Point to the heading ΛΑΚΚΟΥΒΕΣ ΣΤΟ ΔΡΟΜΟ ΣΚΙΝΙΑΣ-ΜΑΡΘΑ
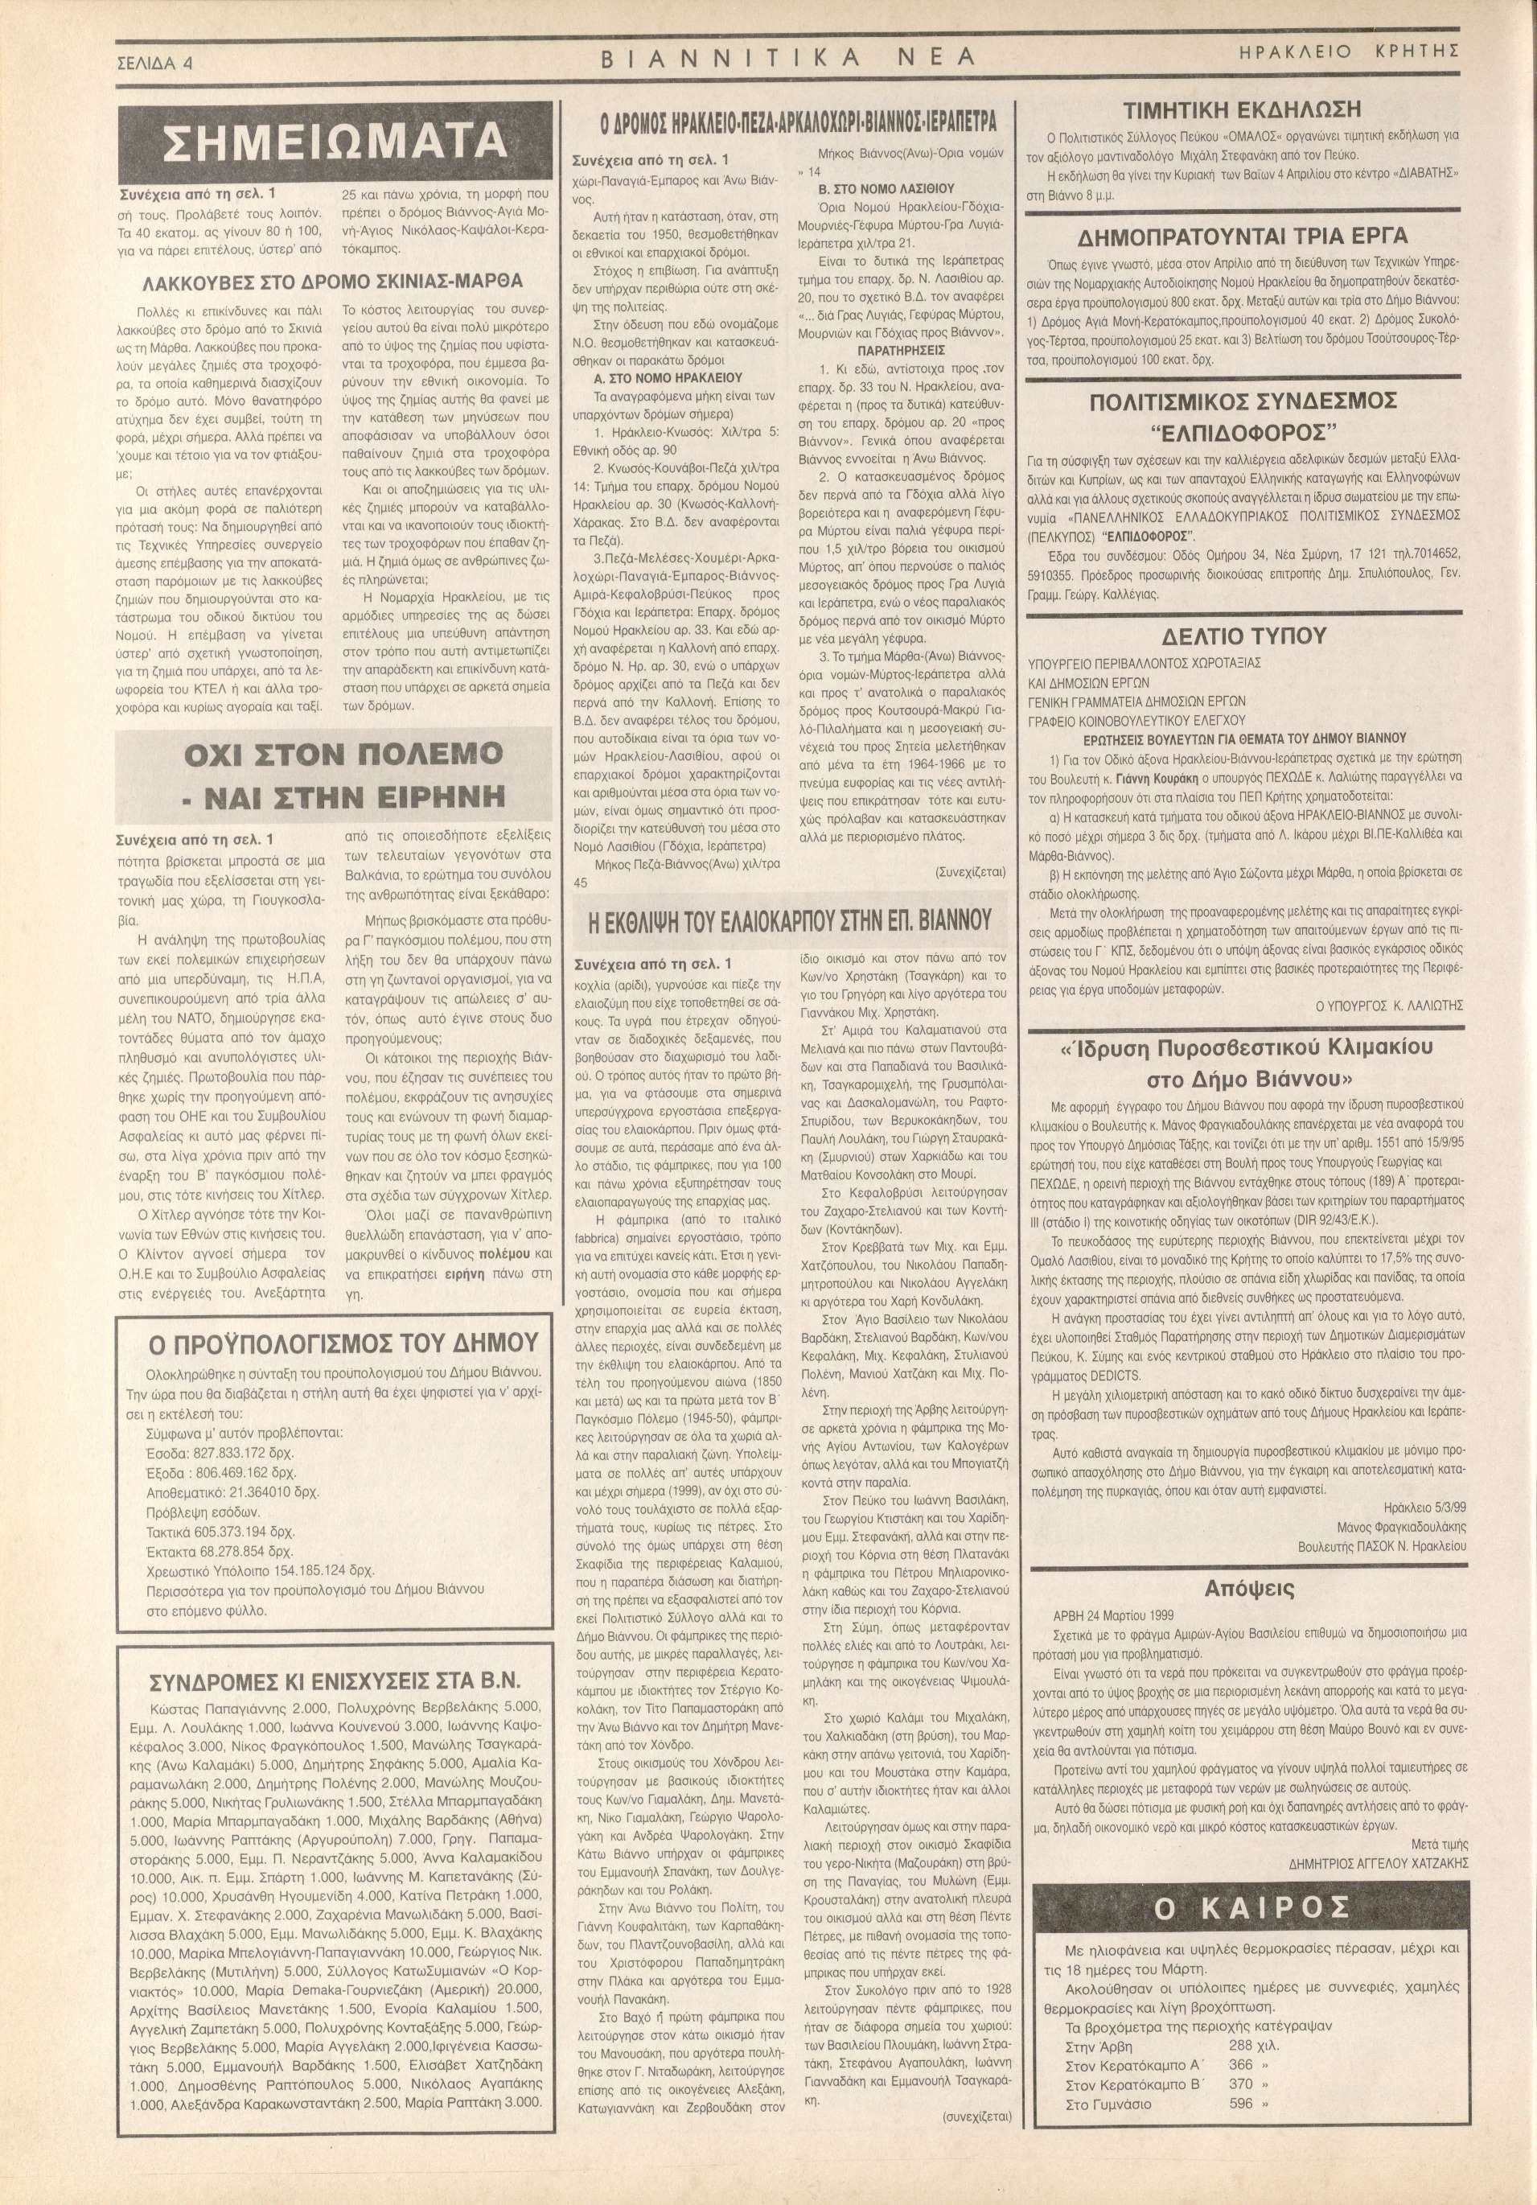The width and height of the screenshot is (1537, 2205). click(x=333, y=282)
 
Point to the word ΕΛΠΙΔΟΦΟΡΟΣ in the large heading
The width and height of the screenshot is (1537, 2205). click(x=1244, y=428)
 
